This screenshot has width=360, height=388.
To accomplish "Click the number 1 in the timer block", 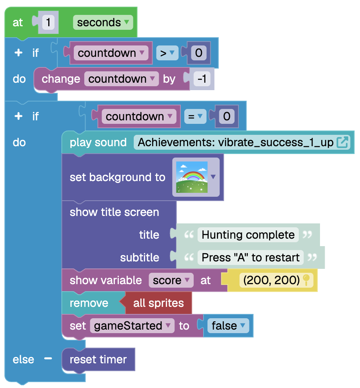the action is pos(48,22).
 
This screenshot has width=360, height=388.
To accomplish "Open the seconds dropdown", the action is pos(103,22).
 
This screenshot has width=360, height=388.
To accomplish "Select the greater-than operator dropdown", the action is pos(167,53).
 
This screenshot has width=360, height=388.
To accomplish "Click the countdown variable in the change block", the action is pos(121,79).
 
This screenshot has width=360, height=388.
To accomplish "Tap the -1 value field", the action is pos(202,79).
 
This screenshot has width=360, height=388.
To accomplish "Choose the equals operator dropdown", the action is pos(195,116).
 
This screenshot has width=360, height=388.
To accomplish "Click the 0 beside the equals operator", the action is pos(227,116).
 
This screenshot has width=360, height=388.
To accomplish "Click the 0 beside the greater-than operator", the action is pos(198,53).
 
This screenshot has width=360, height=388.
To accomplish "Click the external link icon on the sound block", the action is pos(343,142).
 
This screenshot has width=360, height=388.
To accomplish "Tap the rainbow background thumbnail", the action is pos(192,177).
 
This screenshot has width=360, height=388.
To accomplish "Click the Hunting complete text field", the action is pos(248,235).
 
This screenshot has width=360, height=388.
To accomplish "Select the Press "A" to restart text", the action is pos(251,257).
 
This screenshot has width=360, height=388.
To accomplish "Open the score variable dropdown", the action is pos(171,280).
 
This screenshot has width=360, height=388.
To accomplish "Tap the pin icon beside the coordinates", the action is pos(306,280).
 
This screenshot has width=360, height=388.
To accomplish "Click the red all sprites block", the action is pos(158,303).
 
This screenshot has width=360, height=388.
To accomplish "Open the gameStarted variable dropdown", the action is pos(132,326).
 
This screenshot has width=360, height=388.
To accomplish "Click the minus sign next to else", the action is pos(48,359).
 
